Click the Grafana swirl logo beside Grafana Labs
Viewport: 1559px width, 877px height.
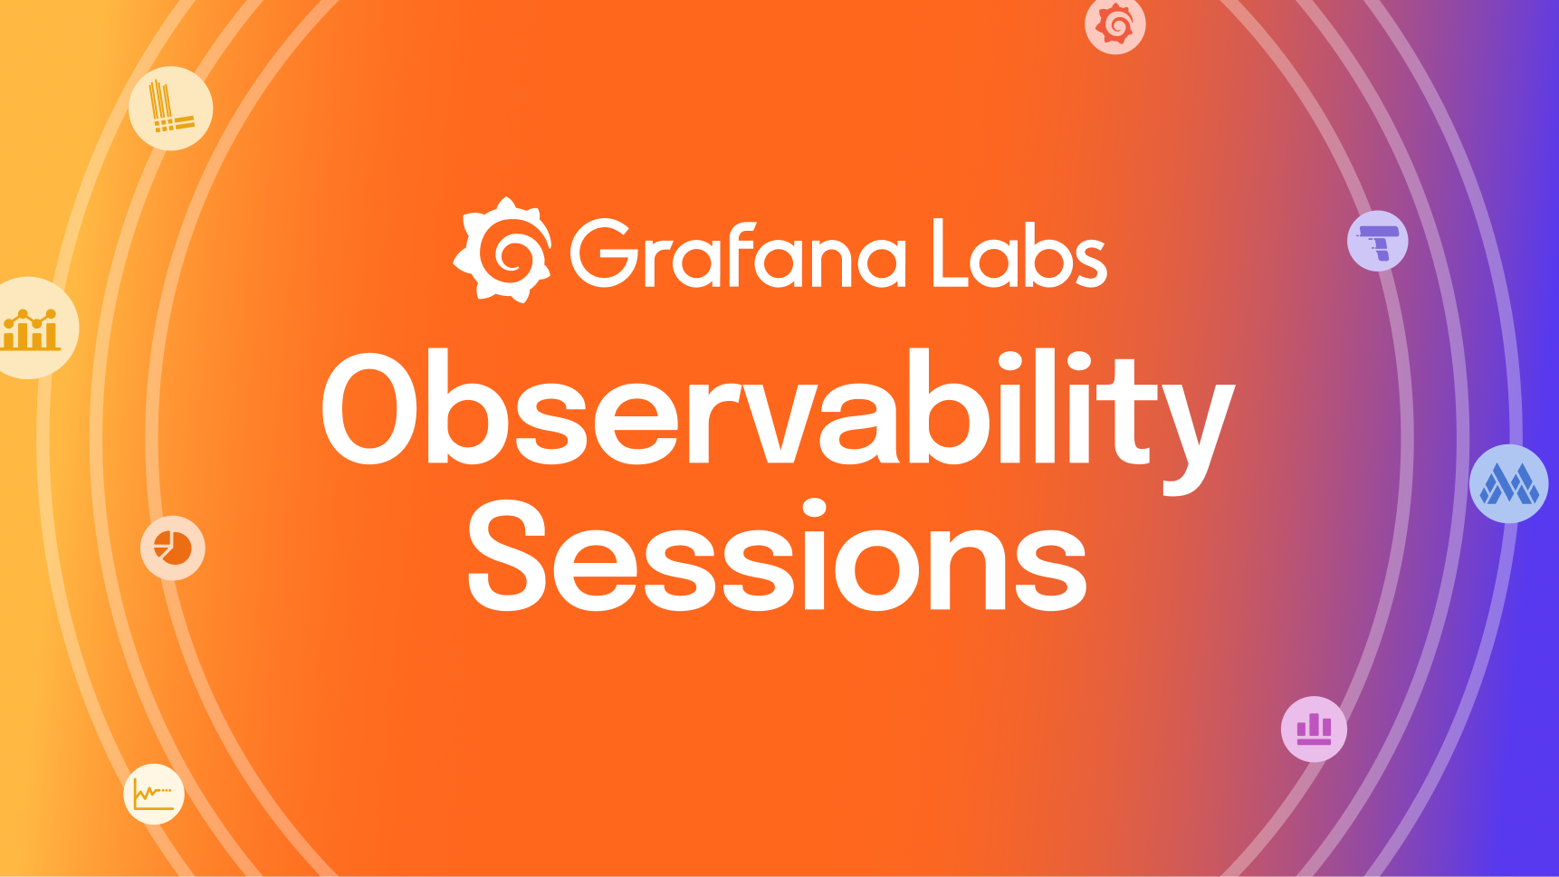503,250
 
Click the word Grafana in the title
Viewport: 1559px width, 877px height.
738,255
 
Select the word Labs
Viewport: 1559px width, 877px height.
1019,254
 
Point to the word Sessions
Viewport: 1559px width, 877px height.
777,557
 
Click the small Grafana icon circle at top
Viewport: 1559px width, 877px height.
1115,24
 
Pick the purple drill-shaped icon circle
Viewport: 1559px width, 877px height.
1378,242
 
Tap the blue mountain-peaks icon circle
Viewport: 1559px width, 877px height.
1508,484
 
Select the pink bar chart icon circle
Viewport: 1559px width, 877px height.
1314,729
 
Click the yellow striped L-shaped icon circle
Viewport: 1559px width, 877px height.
170,109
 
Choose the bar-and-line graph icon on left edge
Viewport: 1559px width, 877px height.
32,328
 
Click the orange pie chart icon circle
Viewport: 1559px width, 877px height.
172,548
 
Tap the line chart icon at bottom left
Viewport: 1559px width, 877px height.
154,795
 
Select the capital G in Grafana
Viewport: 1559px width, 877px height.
605,254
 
